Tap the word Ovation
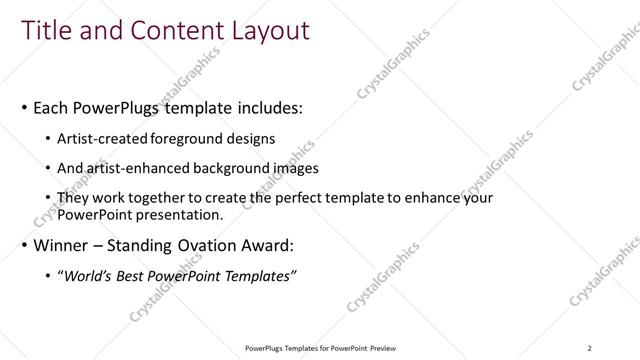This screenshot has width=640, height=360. pyautogui.click(x=227, y=245)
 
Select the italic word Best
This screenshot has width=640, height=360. pyautogui.click(x=140, y=276)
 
